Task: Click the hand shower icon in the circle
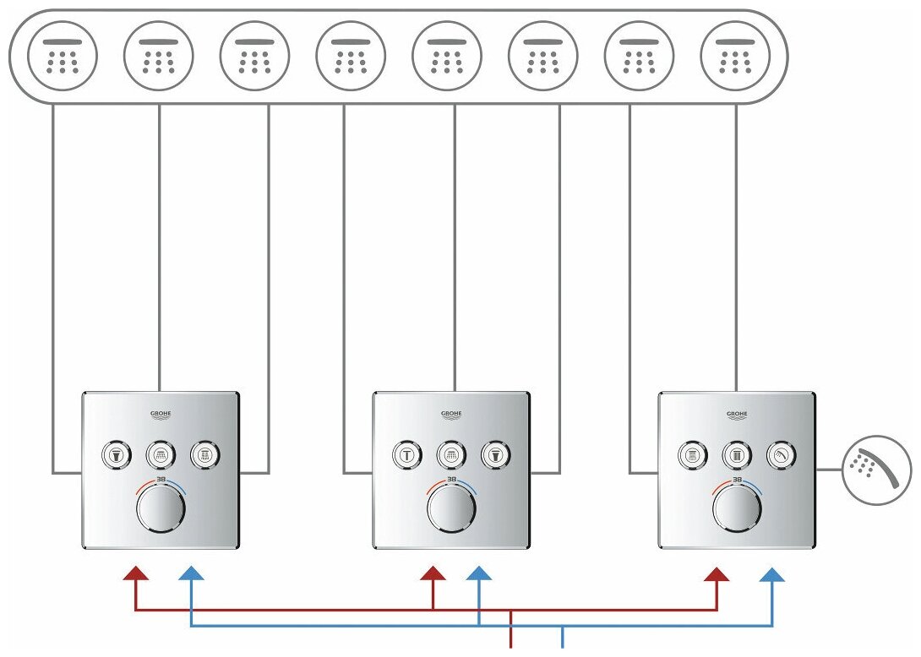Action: click(877, 470)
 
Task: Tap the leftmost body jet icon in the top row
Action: click(63, 56)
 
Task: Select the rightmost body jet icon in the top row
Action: click(737, 56)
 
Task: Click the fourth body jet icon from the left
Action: click(351, 56)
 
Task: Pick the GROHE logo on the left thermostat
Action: click(161, 414)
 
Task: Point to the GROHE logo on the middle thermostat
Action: click(452, 414)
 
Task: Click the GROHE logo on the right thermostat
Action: click(738, 414)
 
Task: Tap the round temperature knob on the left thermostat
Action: click(161, 509)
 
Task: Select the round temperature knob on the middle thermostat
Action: click(452, 509)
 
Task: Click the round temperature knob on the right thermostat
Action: click(738, 509)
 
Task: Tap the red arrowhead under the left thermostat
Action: click(136, 573)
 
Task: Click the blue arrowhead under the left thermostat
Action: click(193, 574)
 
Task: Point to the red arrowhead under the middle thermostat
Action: click(433, 573)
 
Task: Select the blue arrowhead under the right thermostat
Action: click(772, 574)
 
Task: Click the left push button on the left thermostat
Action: click(115, 455)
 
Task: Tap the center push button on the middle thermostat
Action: click(452, 455)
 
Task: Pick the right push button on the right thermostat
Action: click(782, 455)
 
